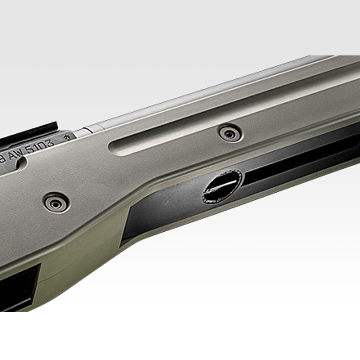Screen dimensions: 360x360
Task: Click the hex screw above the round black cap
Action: point(230,134)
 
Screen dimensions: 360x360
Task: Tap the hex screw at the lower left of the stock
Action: point(56,203)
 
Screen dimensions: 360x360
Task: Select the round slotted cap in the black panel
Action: point(222,187)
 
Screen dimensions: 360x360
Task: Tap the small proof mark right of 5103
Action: point(67,138)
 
